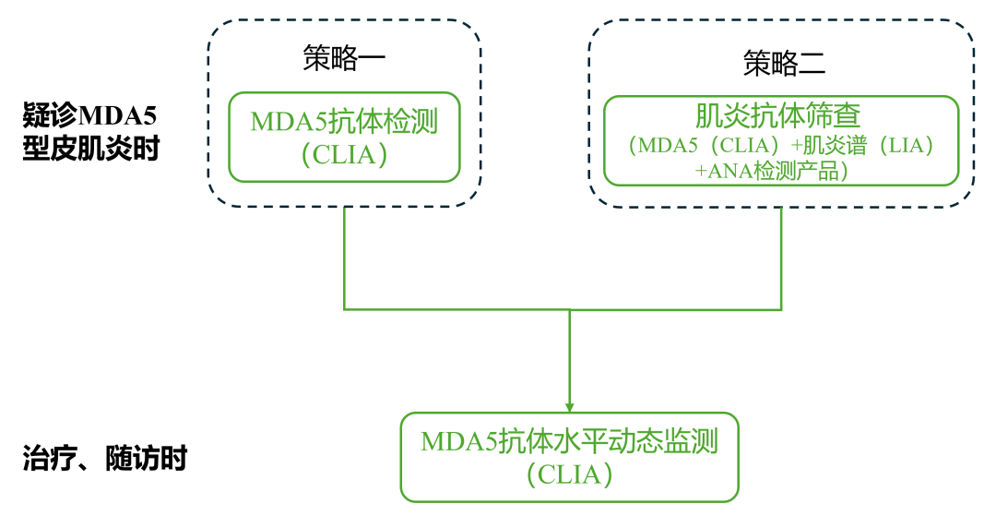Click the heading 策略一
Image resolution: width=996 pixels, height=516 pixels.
point(344,59)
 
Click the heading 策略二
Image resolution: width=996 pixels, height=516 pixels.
point(784,63)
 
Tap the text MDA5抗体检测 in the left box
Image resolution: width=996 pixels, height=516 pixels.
point(343,122)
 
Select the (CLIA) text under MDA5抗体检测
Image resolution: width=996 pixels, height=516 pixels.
point(344,154)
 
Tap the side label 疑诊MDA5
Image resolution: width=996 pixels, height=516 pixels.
point(90,117)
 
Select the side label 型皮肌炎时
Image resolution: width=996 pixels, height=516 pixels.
point(90,149)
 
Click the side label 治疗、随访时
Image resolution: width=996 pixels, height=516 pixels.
point(104,458)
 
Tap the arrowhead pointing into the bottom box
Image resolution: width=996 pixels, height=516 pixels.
point(570,407)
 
